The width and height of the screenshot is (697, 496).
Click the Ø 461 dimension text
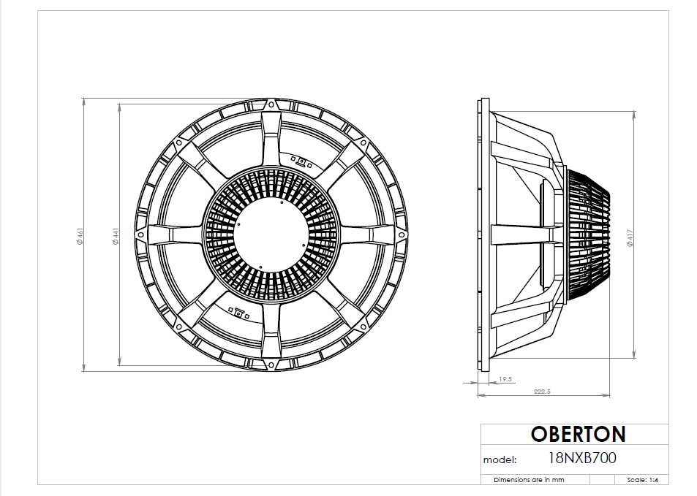coord(81,235)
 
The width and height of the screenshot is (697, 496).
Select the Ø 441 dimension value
coord(116,235)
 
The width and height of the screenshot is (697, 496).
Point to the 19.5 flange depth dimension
coord(505,379)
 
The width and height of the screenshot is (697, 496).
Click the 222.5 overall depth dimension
coord(542,392)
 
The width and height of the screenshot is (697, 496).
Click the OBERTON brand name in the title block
coord(578,435)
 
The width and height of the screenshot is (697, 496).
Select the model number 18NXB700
coord(581,459)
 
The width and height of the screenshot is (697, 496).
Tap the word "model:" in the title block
coord(500,460)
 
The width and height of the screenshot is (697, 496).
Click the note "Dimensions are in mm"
coord(529,480)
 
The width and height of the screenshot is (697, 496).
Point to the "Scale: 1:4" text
coord(644,480)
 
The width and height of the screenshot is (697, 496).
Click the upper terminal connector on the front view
coord(301,161)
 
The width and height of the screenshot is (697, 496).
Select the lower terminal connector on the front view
coord(238,313)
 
